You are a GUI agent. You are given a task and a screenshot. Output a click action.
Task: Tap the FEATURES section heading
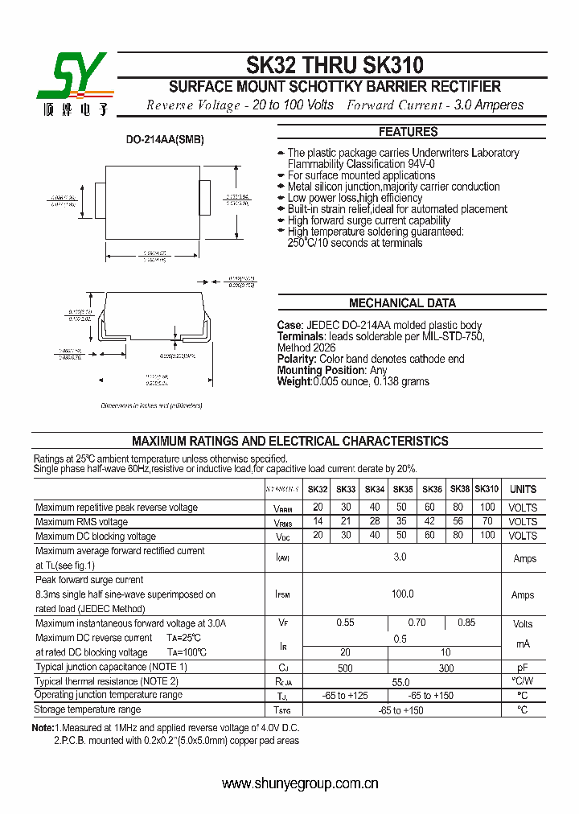[x=408, y=132]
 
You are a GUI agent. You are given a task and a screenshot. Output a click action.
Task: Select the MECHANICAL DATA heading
[x=402, y=303]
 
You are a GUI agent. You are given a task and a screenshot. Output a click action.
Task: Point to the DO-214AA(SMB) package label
[x=165, y=139]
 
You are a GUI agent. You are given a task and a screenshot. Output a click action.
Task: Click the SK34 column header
[x=375, y=489]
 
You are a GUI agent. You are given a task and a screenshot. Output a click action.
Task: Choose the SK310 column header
[x=487, y=489]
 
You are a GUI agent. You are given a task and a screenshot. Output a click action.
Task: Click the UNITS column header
[x=523, y=489]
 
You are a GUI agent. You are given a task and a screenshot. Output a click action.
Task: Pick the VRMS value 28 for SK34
[x=375, y=522]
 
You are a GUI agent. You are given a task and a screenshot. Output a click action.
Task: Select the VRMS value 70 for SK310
[x=487, y=522]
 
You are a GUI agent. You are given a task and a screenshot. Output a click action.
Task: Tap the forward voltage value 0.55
[x=345, y=623]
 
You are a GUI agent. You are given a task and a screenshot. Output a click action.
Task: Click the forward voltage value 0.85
[x=466, y=623]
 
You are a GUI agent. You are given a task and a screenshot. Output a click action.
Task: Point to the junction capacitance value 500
[x=345, y=668]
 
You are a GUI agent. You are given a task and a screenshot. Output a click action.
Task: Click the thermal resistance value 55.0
[x=400, y=681]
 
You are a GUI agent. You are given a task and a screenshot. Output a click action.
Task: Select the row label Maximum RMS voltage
[x=81, y=522]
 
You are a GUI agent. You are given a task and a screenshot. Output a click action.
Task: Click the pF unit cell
[x=522, y=668]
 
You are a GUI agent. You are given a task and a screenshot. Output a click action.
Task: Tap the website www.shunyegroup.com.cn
[x=300, y=783]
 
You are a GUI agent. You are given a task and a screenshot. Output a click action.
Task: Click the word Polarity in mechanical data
[x=297, y=359]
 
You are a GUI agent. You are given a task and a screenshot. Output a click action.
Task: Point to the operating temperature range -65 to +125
[x=345, y=695]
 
